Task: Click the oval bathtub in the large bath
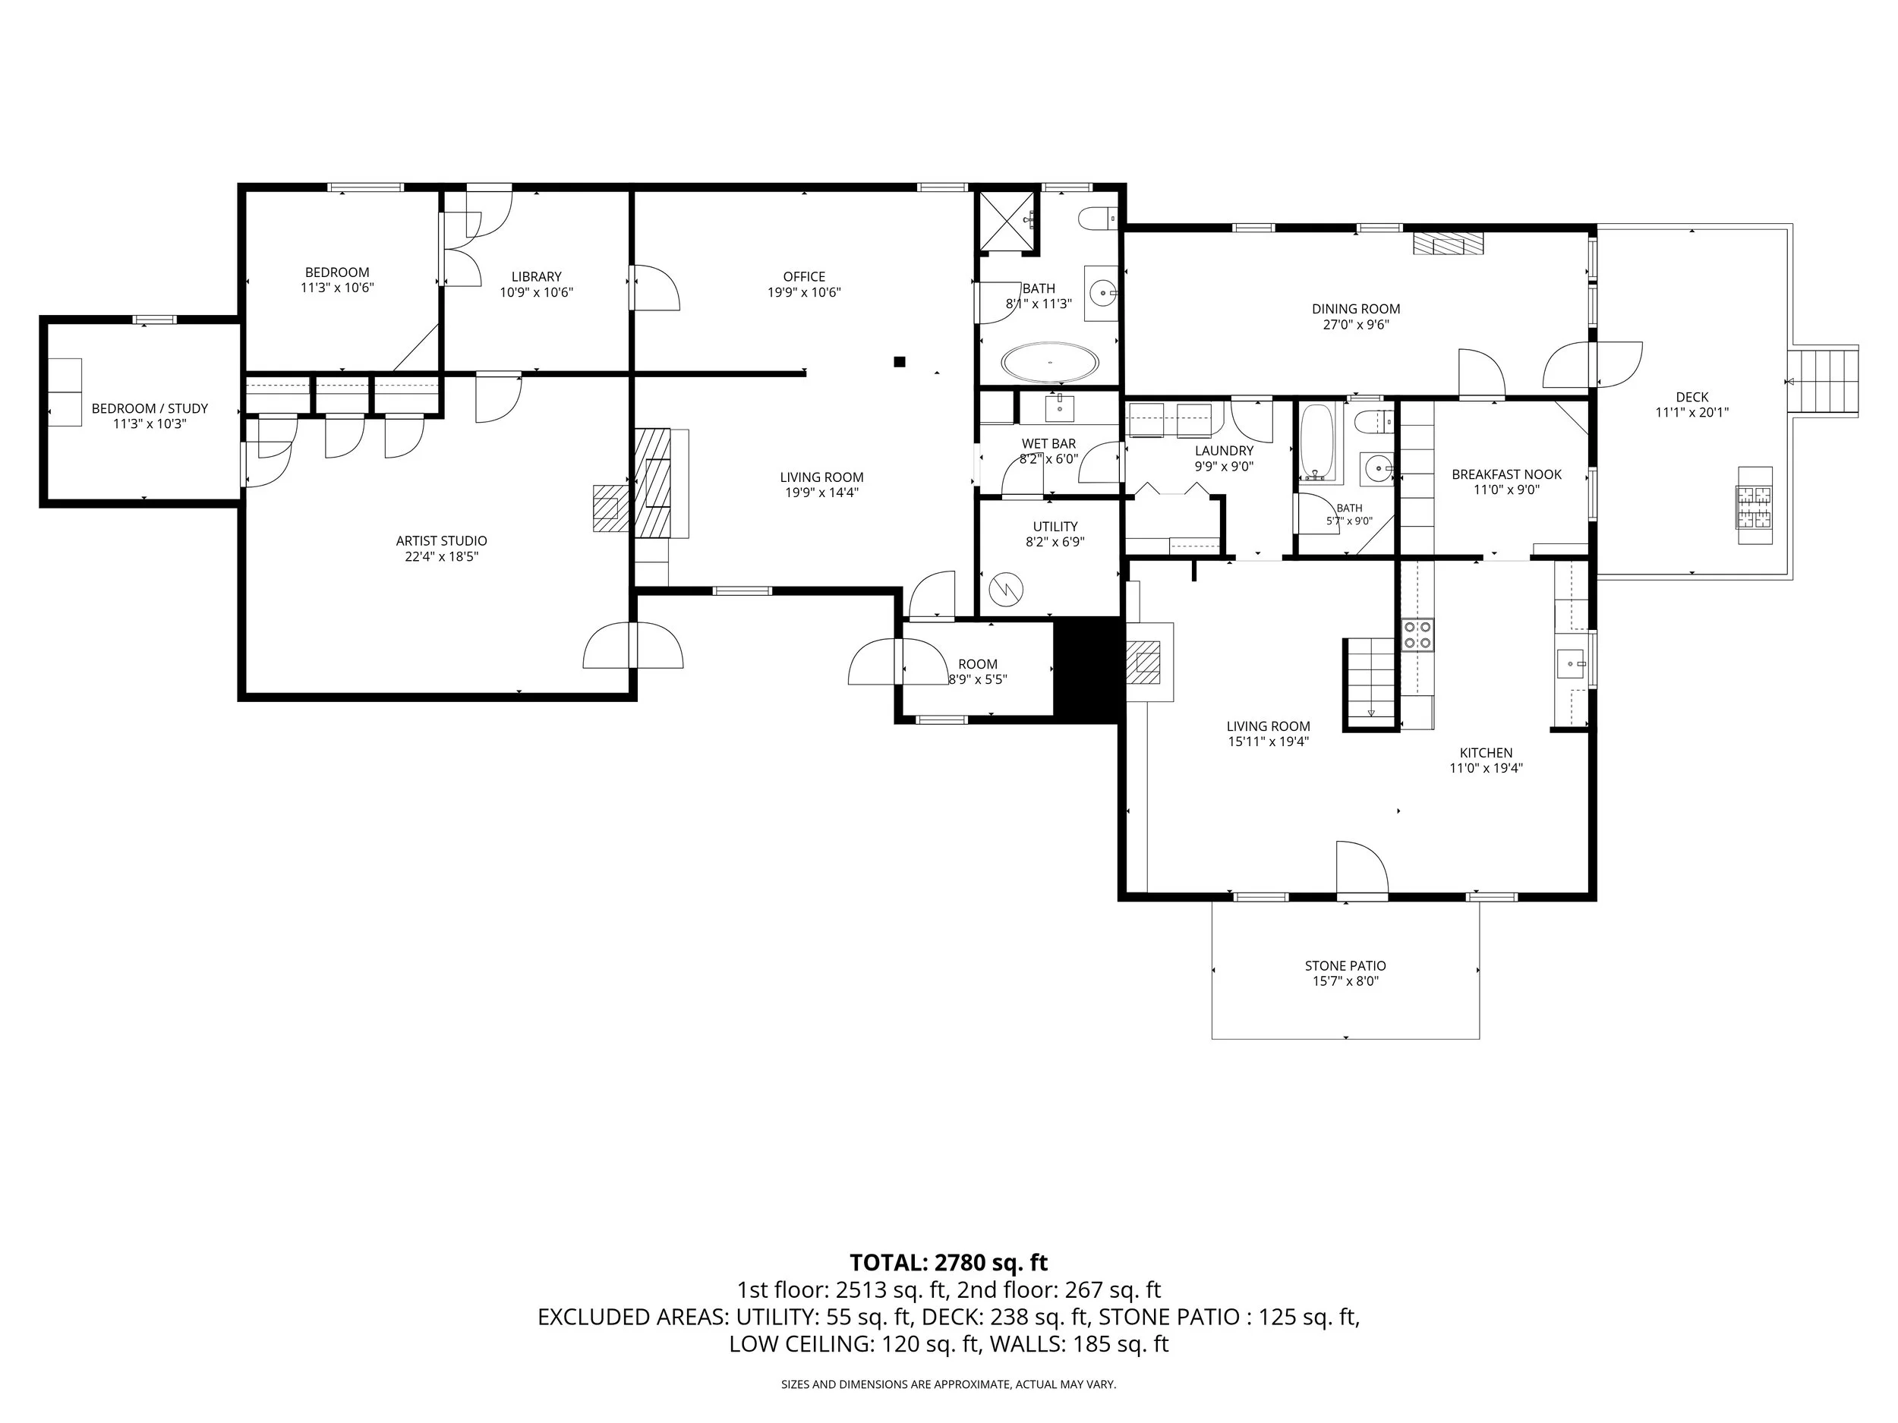1050,363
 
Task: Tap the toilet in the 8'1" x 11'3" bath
1099,219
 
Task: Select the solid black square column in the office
899,362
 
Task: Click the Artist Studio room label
441,541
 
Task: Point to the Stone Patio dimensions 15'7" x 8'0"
1345,981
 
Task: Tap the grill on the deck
1755,505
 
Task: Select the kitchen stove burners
1417,635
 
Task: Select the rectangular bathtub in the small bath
1316,442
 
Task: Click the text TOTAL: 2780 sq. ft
948,1263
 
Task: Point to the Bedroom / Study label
150,408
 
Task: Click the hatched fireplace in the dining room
1448,244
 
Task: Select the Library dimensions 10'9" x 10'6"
536,291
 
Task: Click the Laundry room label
1224,451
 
